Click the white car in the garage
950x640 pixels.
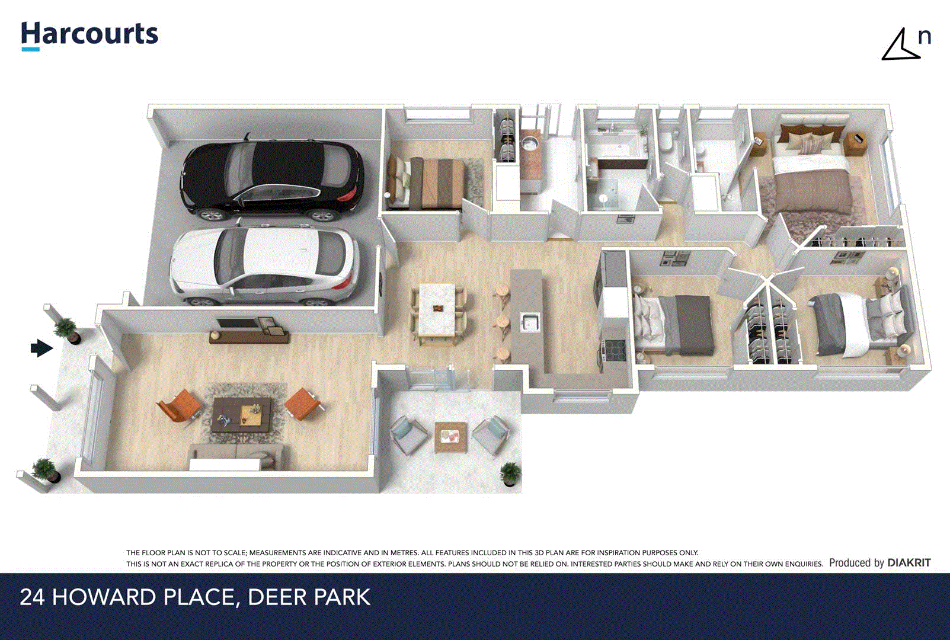[x=264, y=265]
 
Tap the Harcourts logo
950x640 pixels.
[x=89, y=35]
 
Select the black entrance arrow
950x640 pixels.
[x=41, y=348]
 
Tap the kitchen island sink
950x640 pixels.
[x=529, y=322]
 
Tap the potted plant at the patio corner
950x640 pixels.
[x=510, y=473]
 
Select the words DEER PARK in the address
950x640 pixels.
[x=309, y=597]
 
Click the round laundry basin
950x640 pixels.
[x=529, y=143]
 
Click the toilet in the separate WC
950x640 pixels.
[x=667, y=142]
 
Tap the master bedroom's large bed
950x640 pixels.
[x=812, y=178]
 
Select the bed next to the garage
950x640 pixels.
[x=427, y=181]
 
